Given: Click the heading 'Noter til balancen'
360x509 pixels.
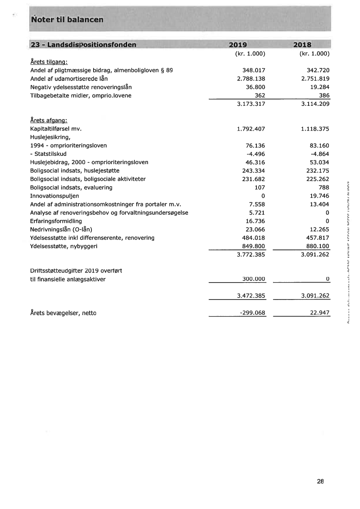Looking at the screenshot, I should click(x=67, y=20).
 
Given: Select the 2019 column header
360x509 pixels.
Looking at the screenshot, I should click(x=238, y=45).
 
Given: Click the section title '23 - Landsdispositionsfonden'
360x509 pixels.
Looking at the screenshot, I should click(x=83, y=45).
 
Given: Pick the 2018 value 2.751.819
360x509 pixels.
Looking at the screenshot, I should click(x=315, y=79).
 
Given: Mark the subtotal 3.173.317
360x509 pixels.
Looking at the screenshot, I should click(x=251, y=104).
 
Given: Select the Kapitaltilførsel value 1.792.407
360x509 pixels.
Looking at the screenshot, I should click(x=251, y=129).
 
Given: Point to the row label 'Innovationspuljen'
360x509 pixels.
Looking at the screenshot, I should click(x=54, y=196).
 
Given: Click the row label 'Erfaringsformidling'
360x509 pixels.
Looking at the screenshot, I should click(x=56, y=221).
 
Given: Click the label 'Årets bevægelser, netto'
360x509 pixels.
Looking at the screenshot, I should click(x=63, y=313).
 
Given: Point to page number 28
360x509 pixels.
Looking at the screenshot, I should click(x=320, y=482).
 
